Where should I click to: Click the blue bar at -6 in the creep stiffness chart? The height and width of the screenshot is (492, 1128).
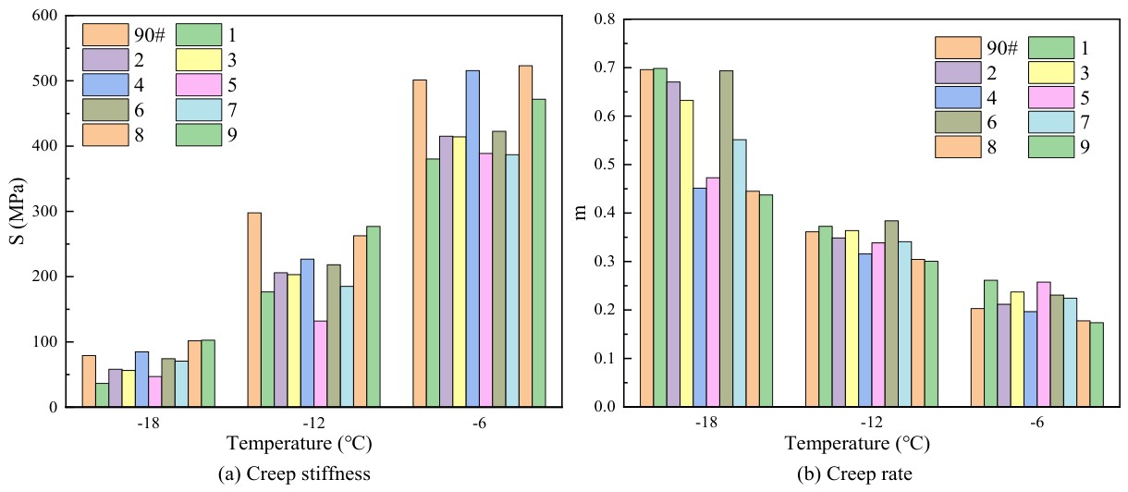[x=472, y=239]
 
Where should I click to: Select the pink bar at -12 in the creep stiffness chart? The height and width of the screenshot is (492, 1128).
[x=320, y=363]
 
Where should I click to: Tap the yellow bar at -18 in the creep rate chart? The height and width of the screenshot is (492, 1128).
[x=686, y=253]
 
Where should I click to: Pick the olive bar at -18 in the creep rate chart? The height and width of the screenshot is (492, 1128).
[x=726, y=239]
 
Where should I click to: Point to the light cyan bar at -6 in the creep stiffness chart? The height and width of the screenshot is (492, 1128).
[x=512, y=280]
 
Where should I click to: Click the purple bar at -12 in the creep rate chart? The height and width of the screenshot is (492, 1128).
[x=839, y=322]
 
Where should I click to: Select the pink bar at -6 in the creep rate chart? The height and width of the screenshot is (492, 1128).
[x=1043, y=344]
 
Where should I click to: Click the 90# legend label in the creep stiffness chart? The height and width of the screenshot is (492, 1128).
[x=150, y=35]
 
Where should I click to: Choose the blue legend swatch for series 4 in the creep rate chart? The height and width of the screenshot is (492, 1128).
[x=958, y=97]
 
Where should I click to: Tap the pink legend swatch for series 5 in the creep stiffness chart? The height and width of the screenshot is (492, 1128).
[x=199, y=84]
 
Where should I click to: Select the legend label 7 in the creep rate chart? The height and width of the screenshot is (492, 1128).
[x=1085, y=122]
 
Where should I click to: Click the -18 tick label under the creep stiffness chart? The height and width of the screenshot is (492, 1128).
[x=148, y=422]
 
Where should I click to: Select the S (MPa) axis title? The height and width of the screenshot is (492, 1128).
[x=18, y=212]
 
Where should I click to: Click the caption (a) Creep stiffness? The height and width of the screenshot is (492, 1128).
[x=294, y=474]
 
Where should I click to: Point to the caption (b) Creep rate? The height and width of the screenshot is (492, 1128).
[x=854, y=474]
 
